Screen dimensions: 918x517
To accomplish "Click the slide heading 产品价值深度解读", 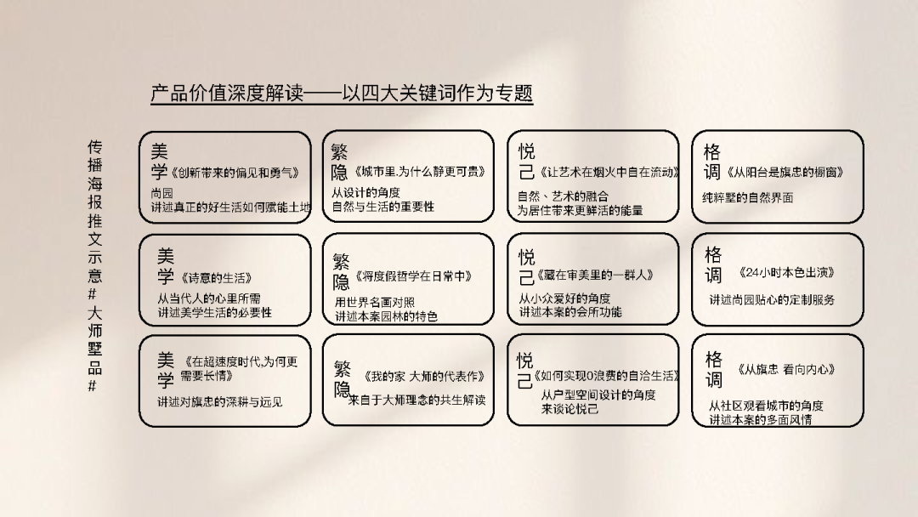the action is [227, 93].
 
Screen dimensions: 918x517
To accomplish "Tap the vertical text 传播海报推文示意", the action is [95, 211].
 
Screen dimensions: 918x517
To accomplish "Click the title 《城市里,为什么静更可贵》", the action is [420, 172].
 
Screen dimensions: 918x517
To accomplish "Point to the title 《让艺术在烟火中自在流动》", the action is [609, 172].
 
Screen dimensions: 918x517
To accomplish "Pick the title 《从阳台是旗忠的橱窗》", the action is [785, 172].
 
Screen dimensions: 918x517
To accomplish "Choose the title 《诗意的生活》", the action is [217, 277].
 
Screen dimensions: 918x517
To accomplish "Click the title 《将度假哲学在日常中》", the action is [413, 276].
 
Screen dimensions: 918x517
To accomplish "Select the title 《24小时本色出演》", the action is [787, 272].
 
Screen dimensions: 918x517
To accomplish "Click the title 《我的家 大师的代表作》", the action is [424, 377].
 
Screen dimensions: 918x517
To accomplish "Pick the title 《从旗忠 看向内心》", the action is [785, 369].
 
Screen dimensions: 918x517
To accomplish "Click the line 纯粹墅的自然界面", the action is [748, 198].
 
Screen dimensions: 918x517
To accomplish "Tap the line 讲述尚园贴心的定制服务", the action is [772, 300].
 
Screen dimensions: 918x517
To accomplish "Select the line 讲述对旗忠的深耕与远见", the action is [219, 401].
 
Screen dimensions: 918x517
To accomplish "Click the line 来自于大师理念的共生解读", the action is [416, 400].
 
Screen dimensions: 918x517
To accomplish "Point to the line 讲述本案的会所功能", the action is [570, 312].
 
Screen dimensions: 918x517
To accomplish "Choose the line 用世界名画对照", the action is [375, 302].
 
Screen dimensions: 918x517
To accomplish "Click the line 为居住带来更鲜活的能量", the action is [580, 210].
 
